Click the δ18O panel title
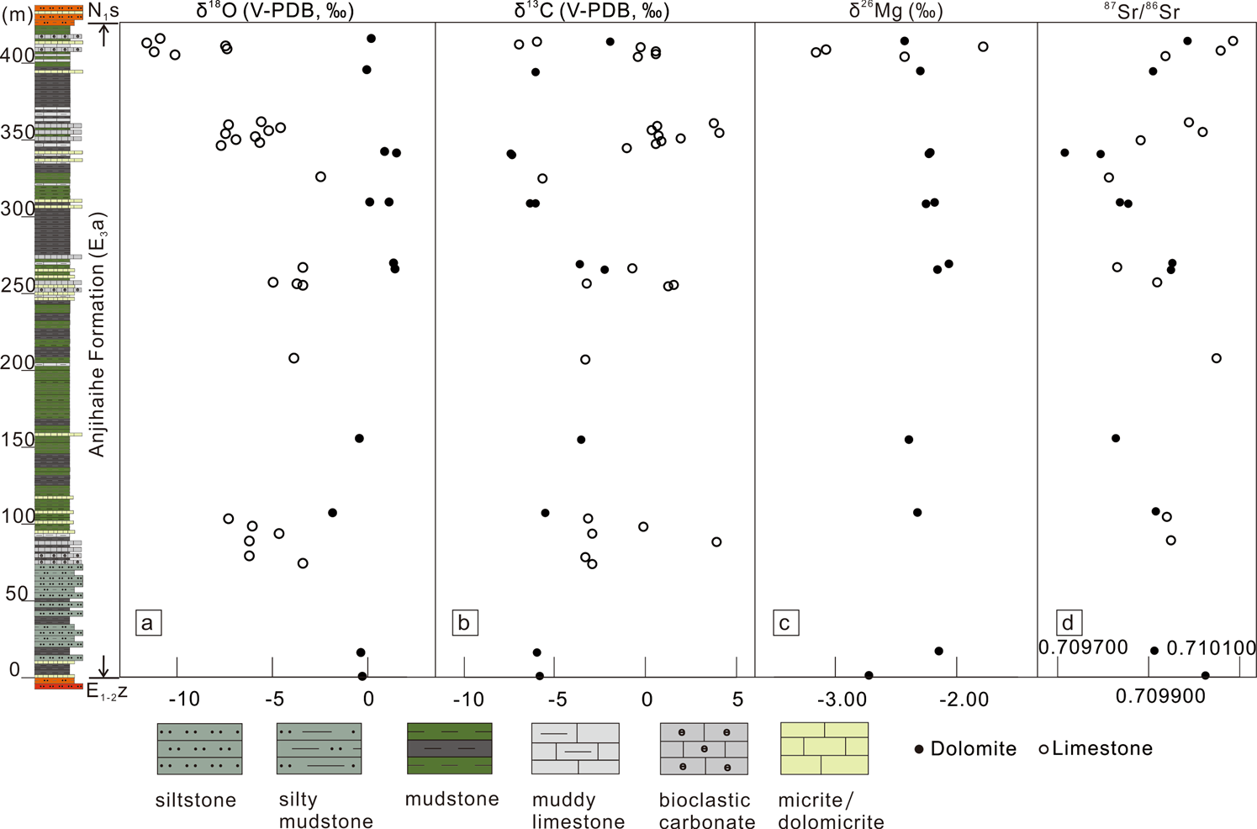275,11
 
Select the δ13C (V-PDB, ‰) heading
592,11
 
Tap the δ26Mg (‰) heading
895,11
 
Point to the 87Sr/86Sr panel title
1142,11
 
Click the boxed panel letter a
148,623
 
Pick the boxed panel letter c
785,623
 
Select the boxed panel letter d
1068,623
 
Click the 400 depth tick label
18,55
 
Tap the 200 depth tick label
18,362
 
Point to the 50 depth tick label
18,594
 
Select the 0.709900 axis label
1160,696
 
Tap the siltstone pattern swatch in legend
199,748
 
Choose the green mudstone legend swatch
450,748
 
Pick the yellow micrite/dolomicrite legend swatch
824,748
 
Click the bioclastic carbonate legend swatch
704,748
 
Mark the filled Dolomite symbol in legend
919,749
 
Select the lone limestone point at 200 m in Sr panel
1216,358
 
